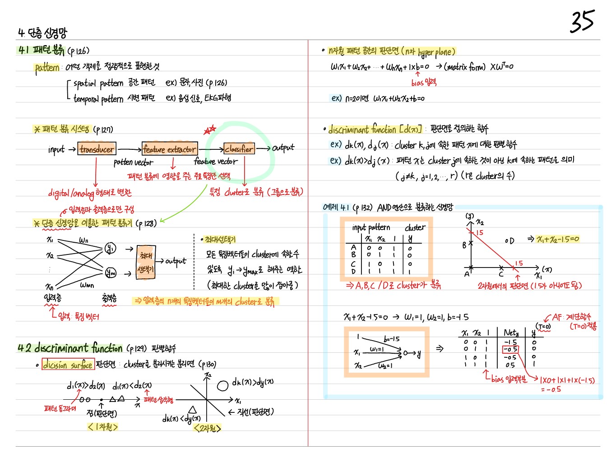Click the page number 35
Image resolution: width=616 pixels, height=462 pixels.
[x=582, y=22]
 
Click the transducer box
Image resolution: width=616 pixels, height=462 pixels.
[x=97, y=149]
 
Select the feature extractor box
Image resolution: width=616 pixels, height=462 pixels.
[x=170, y=149]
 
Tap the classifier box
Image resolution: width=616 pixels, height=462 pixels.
[x=239, y=148]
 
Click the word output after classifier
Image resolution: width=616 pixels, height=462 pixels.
[x=283, y=148]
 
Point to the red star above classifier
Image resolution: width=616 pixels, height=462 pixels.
[x=210, y=130]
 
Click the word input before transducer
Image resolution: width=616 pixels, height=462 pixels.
[x=56, y=149]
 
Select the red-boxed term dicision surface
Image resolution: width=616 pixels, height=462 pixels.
[x=68, y=365]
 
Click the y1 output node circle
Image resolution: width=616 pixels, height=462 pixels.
[x=110, y=248]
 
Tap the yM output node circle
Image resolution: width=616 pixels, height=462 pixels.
[x=111, y=273]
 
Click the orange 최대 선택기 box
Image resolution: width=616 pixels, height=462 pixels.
[x=146, y=262]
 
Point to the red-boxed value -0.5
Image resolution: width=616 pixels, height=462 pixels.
[x=510, y=349]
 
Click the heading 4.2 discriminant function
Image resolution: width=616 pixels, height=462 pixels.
[x=70, y=348]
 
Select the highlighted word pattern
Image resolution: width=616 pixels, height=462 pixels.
[x=47, y=68]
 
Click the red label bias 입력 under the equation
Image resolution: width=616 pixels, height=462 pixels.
[x=424, y=82]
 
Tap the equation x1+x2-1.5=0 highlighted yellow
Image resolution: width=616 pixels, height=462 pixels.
[x=558, y=239]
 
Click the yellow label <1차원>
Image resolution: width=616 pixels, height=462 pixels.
[x=103, y=427]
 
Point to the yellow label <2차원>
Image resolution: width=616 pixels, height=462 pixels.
[x=207, y=428]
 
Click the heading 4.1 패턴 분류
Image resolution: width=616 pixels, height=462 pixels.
[x=42, y=50]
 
